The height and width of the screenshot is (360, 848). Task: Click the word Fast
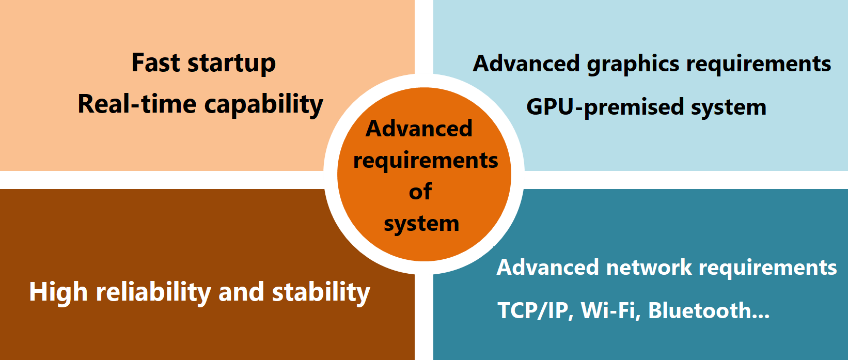pyautogui.click(x=155, y=62)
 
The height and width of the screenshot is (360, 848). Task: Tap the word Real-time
pyautogui.click(x=137, y=104)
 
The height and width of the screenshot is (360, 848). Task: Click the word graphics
pyautogui.click(x=633, y=65)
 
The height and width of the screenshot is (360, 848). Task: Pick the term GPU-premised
pyautogui.click(x=605, y=107)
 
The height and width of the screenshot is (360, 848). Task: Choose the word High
pyautogui.click(x=58, y=293)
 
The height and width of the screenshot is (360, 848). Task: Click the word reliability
pyautogui.click(x=153, y=293)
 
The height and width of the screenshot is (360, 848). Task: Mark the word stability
pyautogui.click(x=321, y=293)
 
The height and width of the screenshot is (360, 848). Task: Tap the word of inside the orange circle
pyautogui.click(x=420, y=192)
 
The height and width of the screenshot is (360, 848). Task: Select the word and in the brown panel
pyautogui.click(x=241, y=292)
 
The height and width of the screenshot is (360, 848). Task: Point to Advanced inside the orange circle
pyautogui.click(x=419, y=129)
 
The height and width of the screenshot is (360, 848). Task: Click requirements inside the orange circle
pyautogui.click(x=426, y=161)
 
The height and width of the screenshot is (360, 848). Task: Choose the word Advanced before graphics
pyautogui.click(x=526, y=63)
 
